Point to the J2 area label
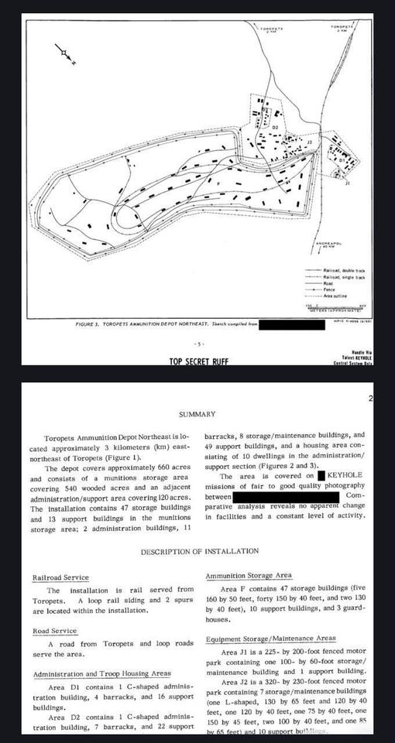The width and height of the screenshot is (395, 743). point(309,143)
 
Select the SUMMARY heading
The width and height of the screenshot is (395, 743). point(197,415)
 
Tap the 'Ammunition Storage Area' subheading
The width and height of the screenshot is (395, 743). point(249,577)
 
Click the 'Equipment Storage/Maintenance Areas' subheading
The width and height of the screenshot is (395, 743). point(270,639)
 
